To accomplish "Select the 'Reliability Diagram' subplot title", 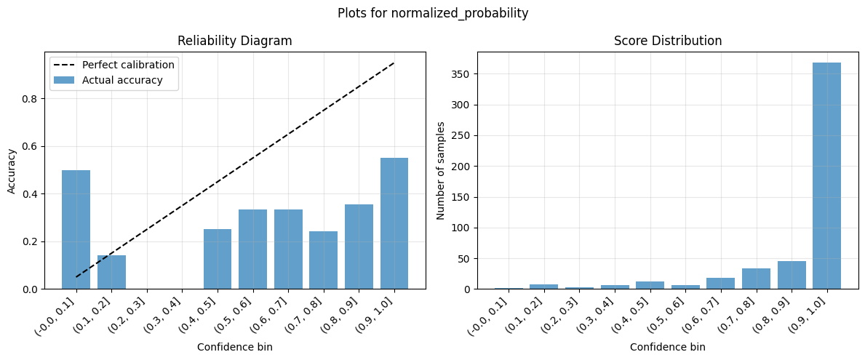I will [235, 41].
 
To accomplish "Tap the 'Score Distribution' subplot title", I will [668, 41].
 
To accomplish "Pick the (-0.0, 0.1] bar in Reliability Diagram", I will [76, 229].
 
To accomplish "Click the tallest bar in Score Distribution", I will [826, 175].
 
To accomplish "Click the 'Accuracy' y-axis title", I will [12, 171].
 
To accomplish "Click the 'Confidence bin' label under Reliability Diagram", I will [235, 348].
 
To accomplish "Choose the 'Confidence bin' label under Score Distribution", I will [668, 348].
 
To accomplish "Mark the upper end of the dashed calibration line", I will [394, 63].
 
